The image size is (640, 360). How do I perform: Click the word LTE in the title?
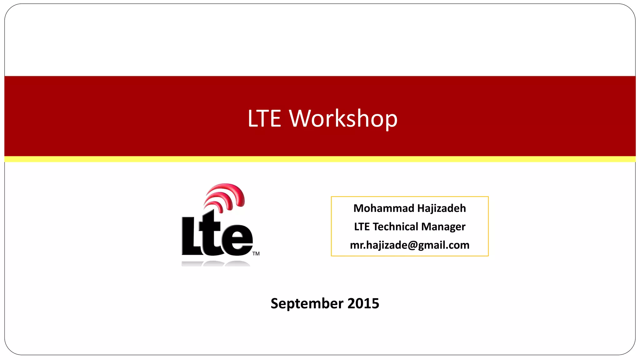click(x=264, y=119)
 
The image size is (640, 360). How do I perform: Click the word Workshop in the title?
click(x=343, y=119)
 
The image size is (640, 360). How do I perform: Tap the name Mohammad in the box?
click(x=383, y=208)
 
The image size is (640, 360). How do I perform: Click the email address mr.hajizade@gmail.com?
click(x=409, y=245)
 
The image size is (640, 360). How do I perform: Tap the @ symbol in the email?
click(x=412, y=245)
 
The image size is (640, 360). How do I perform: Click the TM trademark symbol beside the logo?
click(x=256, y=254)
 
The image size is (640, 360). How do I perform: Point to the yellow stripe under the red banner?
click(x=320, y=159)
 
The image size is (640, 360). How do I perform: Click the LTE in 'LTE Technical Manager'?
click(x=362, y=227)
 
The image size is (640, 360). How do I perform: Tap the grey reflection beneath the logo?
click(x=216, y=264)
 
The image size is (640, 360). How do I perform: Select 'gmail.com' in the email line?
click(x=444, y=245)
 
